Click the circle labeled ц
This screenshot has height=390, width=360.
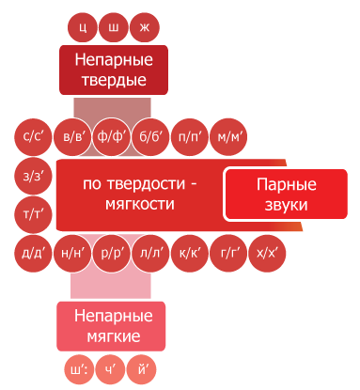point(83,27)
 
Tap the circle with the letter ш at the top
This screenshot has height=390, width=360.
point(114,27)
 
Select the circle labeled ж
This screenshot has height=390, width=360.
point(145,27)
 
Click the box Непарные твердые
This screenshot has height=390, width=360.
point(114,70)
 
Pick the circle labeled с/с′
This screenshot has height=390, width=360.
point(33,137)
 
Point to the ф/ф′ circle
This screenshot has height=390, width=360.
point(111,137)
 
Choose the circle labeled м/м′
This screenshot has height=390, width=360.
point(228,137)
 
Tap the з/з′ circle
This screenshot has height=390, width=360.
point(33,176)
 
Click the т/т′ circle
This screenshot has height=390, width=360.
point(33,214)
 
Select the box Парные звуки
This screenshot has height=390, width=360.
point(287,195)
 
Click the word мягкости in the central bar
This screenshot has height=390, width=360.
point(140,205)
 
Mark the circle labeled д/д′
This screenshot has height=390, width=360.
point(33,254)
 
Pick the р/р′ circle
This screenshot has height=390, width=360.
point(111,254)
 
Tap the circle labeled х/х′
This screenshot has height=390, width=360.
point(267,254)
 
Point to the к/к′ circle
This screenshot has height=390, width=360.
point(189,254)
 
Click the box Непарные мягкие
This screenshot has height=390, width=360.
point(111,326)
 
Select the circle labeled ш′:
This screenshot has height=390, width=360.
point(79,369)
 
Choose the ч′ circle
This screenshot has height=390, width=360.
point(110,369)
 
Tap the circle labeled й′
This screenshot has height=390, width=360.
point(141,369)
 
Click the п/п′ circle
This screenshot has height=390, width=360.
point(189,137)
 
